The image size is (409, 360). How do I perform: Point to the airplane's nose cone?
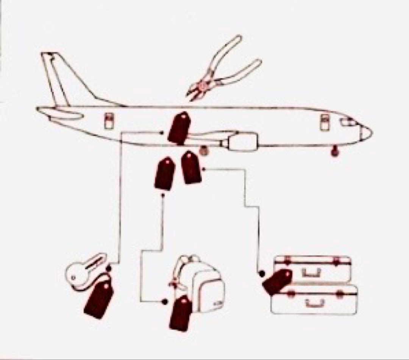click(366, 132)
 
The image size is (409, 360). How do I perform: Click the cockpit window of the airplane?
click(348, 122)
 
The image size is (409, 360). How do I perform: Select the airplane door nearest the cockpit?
click(325, 122)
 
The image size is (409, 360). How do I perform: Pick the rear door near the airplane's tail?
click(109, 121)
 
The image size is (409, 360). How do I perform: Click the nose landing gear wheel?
click(334, 152)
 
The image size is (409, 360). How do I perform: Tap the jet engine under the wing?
click(240, 142)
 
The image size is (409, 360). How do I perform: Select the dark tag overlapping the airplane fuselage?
click(179, 128)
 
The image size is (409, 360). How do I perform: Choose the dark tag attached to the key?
click(99, 299)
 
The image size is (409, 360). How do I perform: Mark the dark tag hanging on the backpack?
click(181, 313)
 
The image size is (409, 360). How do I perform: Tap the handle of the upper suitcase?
click(313, 272)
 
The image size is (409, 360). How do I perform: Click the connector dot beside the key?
click(109, 268)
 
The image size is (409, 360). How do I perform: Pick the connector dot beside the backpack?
click(164, 302)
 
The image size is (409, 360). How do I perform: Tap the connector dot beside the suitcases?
click(261, 273)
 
